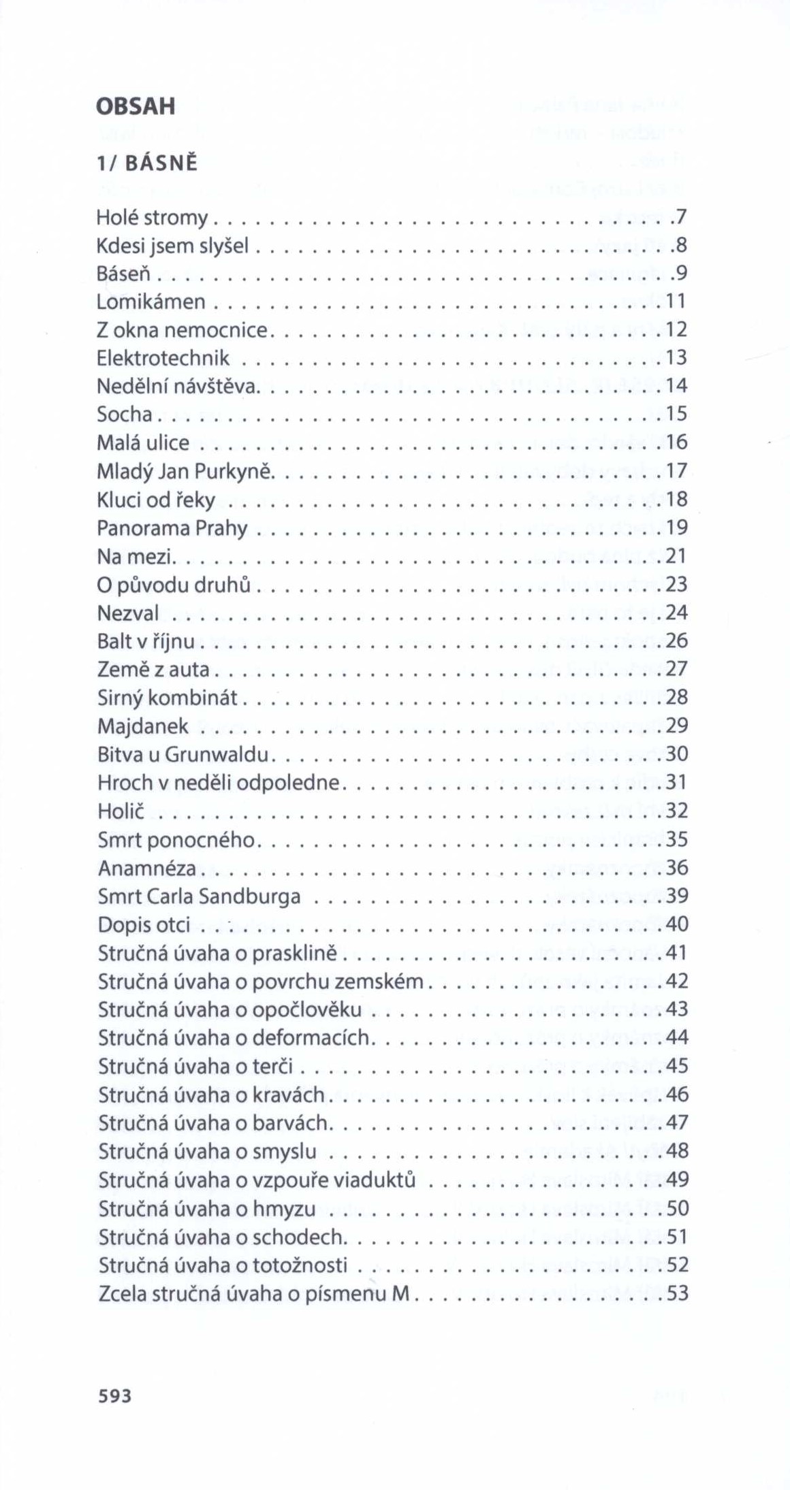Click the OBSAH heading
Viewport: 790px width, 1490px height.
point(136,106)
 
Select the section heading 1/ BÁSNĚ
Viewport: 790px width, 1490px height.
point(146,163)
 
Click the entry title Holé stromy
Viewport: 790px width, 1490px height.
point(153,218)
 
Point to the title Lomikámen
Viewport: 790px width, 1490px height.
point(151,302)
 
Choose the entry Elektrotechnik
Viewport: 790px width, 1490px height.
point(163,358)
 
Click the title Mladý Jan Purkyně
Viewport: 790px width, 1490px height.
point(185,471)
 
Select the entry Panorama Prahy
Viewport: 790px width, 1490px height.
point(172,528)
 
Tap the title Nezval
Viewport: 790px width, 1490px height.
point(128,613)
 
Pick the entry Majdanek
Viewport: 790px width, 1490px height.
point(143,726)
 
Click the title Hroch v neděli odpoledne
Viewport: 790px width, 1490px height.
point(218,783)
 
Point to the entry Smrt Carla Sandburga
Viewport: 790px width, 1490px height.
point(199,896)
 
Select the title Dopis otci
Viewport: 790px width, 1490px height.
point(144,925)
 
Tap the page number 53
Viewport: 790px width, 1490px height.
point(678,1293)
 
